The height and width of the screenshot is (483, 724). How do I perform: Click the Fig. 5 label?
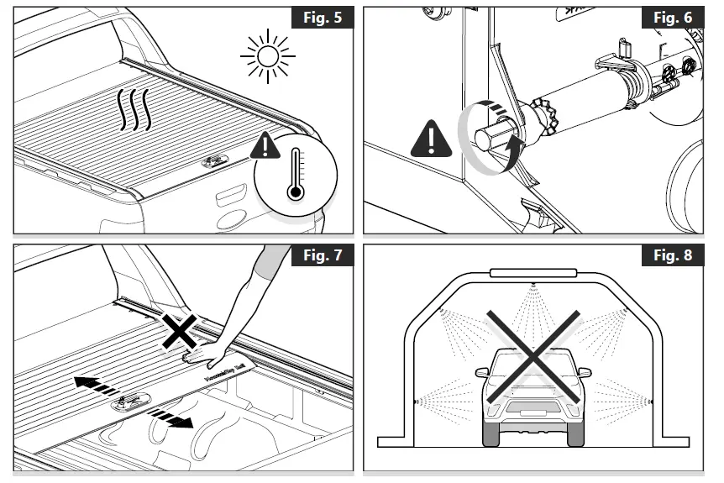tap(323, 18)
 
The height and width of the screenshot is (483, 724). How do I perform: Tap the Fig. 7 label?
tap(323, 255)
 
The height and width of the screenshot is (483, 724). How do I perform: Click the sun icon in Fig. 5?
tap(267, 56)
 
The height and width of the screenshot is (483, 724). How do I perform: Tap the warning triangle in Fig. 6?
tap(431, 139)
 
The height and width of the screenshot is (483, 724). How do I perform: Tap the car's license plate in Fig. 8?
tap(530, 412)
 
